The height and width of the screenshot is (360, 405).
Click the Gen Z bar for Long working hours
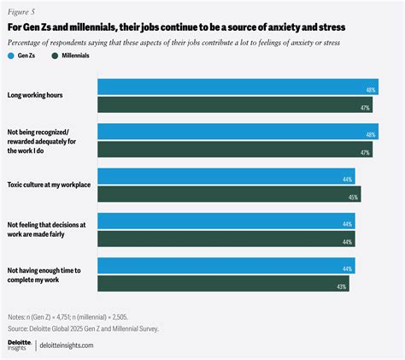tap(238, 86)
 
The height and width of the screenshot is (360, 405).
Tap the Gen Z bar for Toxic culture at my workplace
tap(226, 176)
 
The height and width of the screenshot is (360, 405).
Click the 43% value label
tap(366, 286)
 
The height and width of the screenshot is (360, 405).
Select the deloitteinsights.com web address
tap(68, 345)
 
